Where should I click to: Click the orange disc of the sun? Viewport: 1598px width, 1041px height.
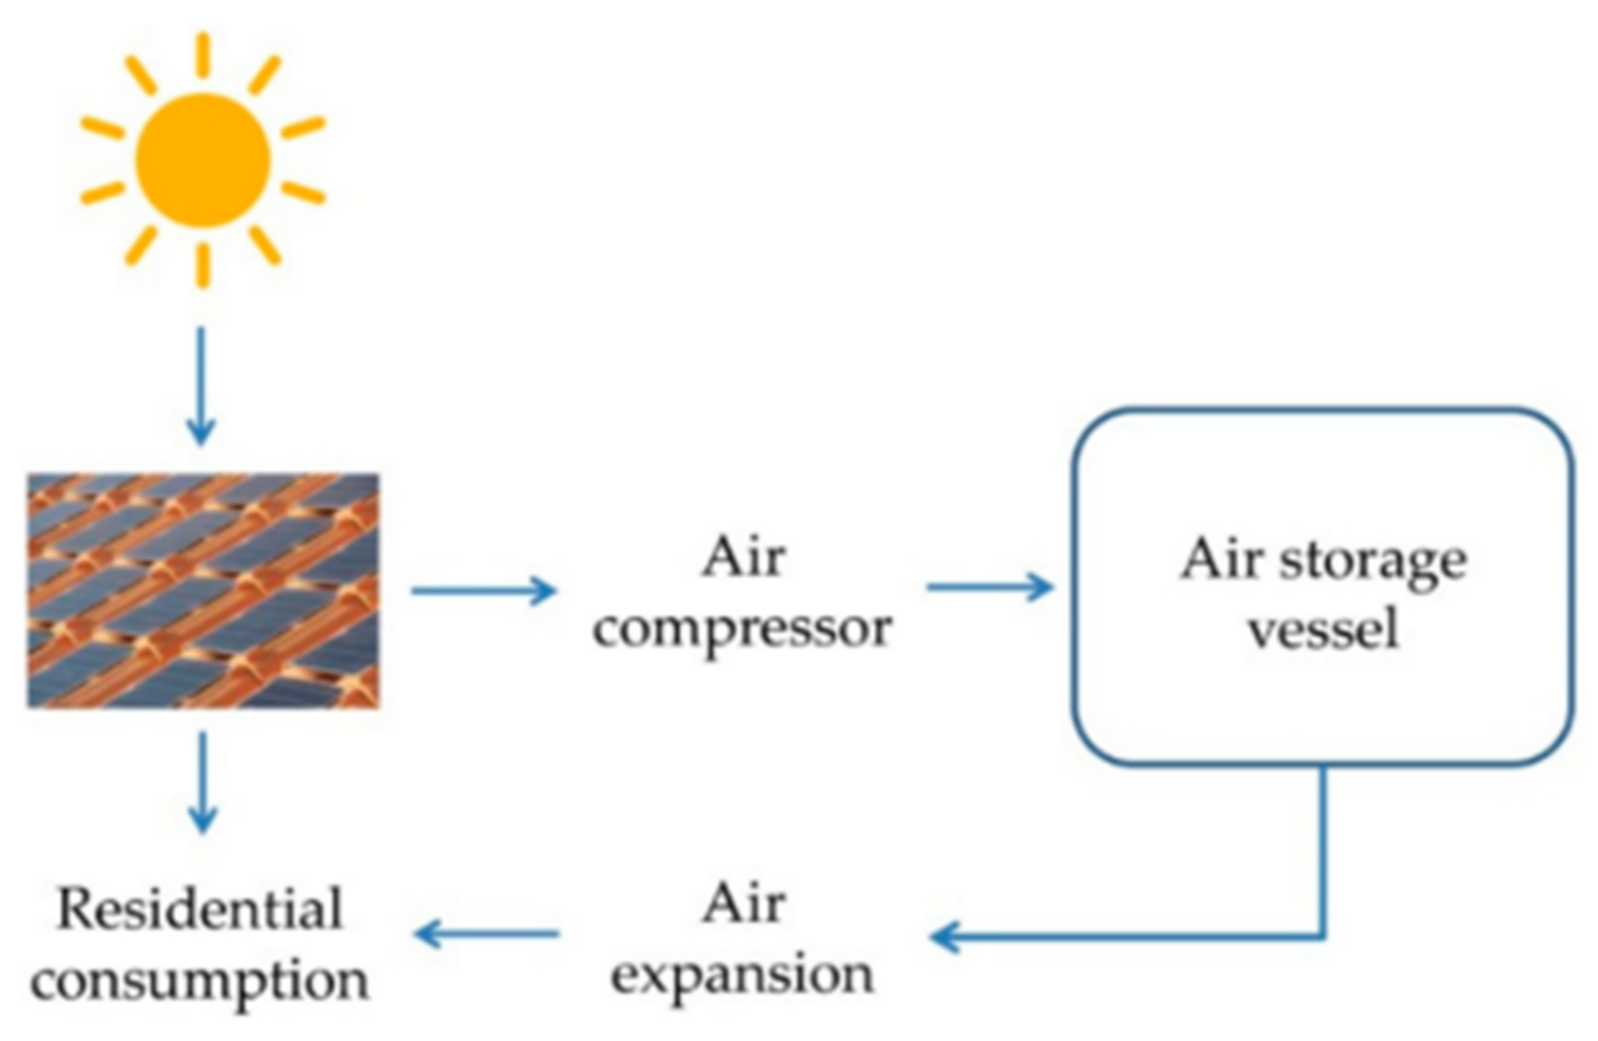tap(203, 160)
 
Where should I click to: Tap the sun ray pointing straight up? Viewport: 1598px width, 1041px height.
tap(203, 55)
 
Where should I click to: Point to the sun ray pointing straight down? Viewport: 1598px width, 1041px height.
tap(203, 265)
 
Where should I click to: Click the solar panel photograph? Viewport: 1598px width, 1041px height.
tap(204, 591)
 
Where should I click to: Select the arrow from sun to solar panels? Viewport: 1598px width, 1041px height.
tap(201, 386)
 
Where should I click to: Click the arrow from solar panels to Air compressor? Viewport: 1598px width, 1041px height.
tap(484, 590)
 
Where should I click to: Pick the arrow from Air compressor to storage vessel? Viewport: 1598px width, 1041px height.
tap(990, 587)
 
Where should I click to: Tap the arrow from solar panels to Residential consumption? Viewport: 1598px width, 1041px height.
tap(203, 782)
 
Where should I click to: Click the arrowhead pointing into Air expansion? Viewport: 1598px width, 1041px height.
tap(945, 937)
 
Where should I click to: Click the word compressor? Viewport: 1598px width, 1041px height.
tap(742, 629)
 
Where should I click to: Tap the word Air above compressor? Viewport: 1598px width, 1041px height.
tap(743, 557)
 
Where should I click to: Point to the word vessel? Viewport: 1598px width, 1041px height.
tap(1324, 629)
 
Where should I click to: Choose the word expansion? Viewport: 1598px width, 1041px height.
tap(742, 975)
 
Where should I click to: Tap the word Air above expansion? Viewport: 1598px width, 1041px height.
tap(743, 903)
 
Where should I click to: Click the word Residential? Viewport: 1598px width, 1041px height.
tap(200, 909)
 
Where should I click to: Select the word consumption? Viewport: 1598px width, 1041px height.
tap(200, 981)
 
